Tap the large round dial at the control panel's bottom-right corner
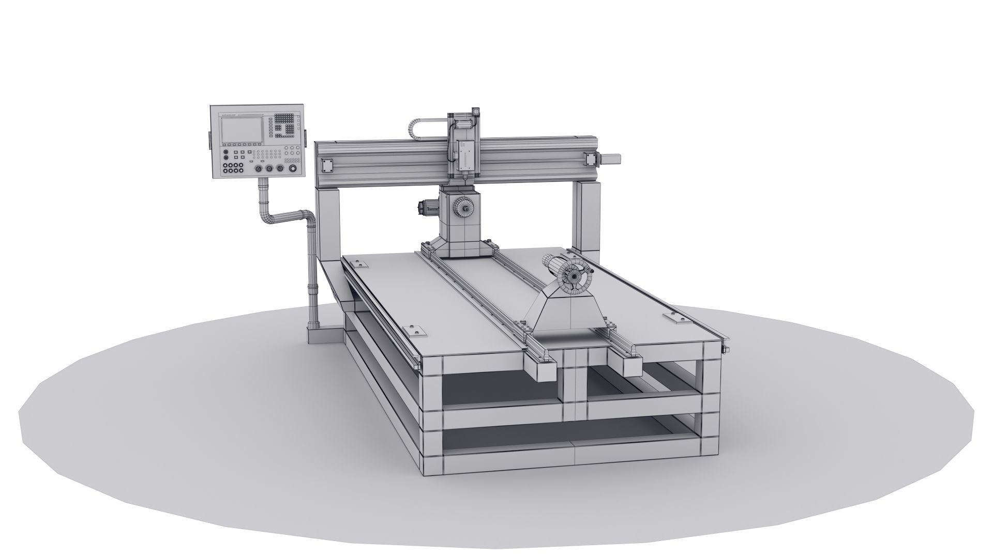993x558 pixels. pyautogui.click(x=293, y=169)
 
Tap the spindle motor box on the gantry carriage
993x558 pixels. pyautogui.click(x=464, y=155)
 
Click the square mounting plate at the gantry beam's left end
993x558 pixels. pyautogui.click(x=327, y=165)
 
